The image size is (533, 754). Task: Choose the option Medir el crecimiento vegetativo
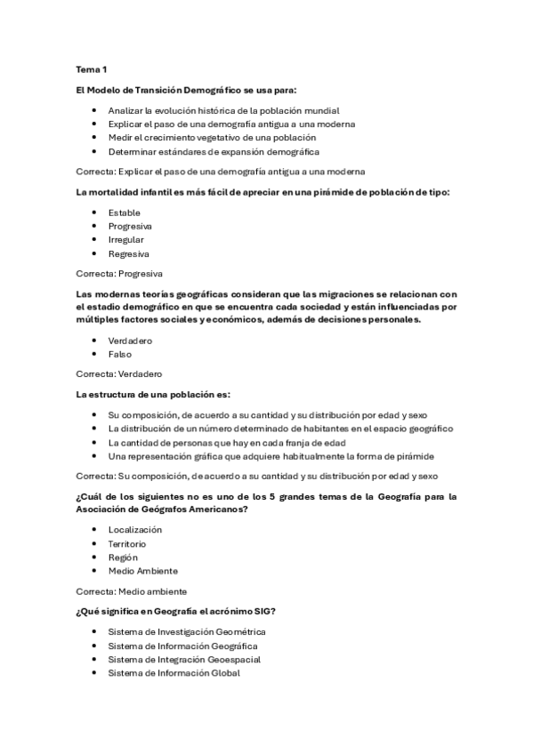tap(212, 138)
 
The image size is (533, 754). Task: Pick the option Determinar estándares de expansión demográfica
tap(214, 152)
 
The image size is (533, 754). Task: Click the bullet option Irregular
tap(125, 240)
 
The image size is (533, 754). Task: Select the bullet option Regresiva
tap(128, 254)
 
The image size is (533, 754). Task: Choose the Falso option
tap(119, 354)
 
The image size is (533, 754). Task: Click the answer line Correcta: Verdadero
tap(124, 374)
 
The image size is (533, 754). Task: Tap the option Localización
tap(135, 529)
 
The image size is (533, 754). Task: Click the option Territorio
tap(127, 543)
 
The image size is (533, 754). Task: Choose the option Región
tap(123, 557)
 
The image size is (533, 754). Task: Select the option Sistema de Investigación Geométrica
tap(187, 631)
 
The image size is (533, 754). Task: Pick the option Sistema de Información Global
tap(174, 674)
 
